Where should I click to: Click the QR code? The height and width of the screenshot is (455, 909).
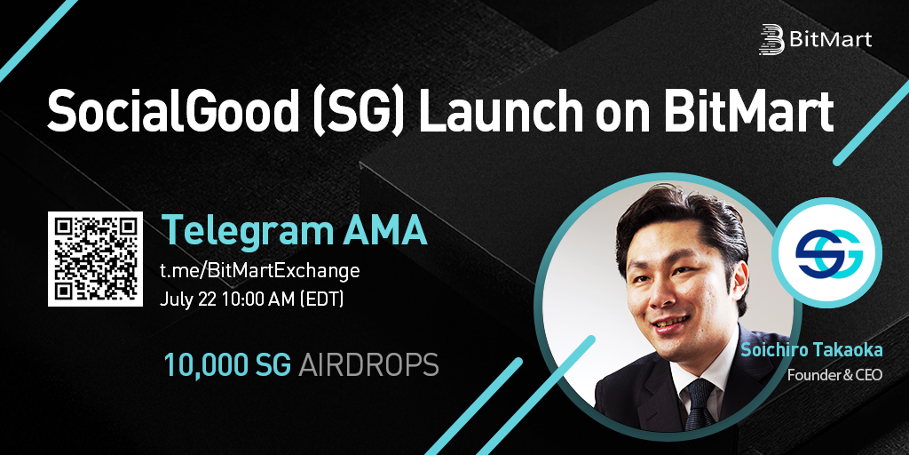pyautogui.click(x=95, y=259)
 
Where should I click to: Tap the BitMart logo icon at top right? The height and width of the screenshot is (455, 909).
pyautogui.click(x=771, y=39)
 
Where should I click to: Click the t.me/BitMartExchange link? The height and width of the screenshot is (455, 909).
pyautogui.click(x=260, y=271)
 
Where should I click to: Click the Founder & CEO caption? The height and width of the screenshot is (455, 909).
pyautogui.click(x=834, y=375)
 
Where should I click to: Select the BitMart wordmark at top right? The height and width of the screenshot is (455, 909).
pyautogui.click(x=830, y=39)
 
